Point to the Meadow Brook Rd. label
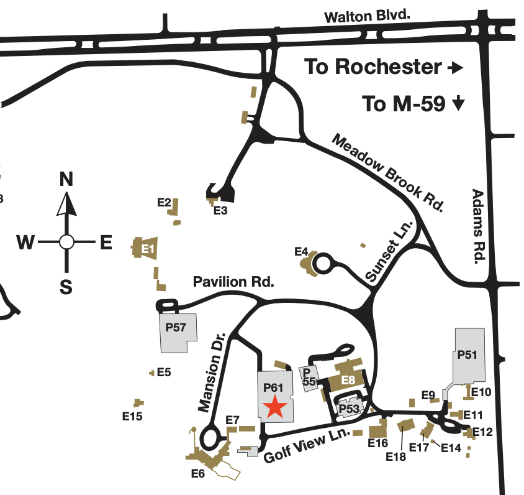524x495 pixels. point(389,173)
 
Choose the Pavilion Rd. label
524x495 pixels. point(233,282)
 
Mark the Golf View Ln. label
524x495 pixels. point(307,445)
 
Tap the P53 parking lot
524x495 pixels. point(349,409)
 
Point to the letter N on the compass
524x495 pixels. point(66,180)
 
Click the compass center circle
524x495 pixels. point(66,242)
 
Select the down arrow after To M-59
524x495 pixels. point(458,103)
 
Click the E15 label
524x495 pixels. point(133,417)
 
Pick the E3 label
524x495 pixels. point(220,211)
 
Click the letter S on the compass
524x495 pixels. point(66,287)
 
